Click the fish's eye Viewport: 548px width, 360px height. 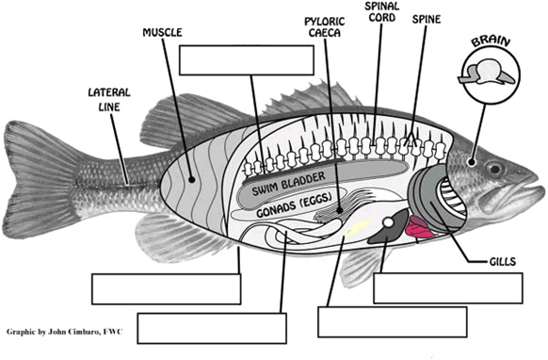495,170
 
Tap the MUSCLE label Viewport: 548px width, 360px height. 162,33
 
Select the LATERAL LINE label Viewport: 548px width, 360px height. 109,100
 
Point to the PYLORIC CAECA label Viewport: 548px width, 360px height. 325,27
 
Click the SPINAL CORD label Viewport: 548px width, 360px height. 381,11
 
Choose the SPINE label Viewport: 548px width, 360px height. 427,19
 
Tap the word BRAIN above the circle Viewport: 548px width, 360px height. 491,41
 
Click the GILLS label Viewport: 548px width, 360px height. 503,261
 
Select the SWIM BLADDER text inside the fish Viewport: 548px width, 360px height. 289,184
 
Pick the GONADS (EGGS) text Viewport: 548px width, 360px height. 294,205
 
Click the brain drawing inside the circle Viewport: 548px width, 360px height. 487,73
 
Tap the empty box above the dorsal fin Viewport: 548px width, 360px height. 247,60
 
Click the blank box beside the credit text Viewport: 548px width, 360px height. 212,328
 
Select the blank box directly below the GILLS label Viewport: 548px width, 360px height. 448,288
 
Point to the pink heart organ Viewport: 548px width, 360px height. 421,227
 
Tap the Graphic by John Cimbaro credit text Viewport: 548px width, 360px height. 65,332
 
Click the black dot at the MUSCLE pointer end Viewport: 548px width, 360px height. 191,180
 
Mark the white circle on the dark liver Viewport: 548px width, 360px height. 388,222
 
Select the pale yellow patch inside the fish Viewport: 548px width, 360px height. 357,228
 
